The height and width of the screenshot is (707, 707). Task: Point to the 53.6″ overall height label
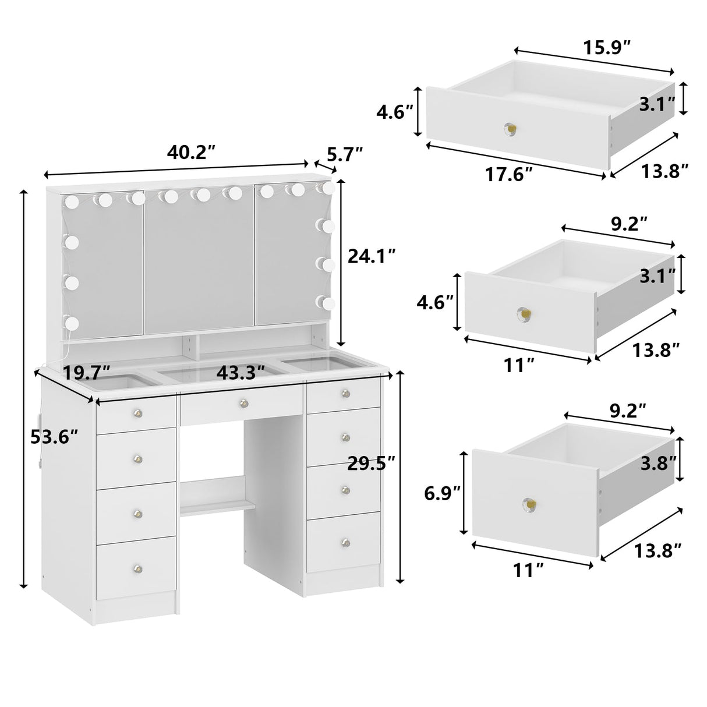tap(54, 436)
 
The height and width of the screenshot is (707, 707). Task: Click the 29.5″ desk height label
tap(372, 463)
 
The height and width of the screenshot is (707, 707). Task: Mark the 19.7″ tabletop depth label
tap(87, 372)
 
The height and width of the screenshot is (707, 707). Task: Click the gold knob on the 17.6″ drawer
tap(510, 128)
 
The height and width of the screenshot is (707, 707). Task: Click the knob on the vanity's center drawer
tap(243, 401)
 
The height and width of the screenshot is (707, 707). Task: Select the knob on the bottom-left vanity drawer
tap(137, 567)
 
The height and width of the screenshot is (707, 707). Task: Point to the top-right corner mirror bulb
tap(328, 188)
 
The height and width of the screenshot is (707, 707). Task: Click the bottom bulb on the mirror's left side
tap(72, 321)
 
